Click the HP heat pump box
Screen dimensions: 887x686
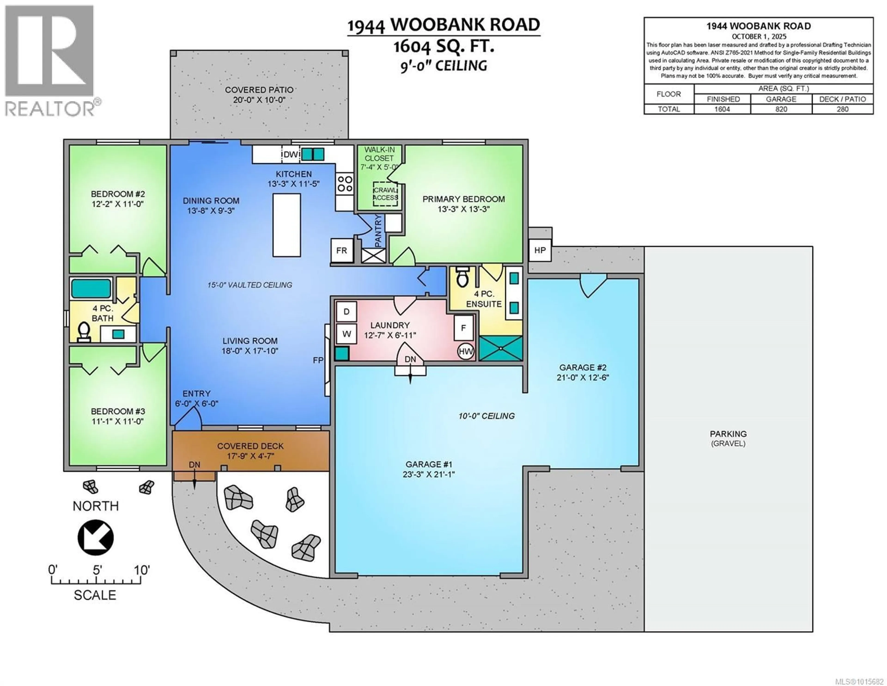tap(540, 250)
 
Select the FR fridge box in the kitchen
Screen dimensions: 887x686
tap(342, 250)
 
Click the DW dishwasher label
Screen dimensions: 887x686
tap(291, 154)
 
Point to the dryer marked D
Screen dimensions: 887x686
tap(346, 311)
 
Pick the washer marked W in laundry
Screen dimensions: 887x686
tap(346, 334)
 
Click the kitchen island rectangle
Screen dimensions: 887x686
tap(287, 225)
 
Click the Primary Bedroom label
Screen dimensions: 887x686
tap(464, 199)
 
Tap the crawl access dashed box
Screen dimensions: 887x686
tap(386, 194)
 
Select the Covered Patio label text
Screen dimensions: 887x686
tap(259, 90)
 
